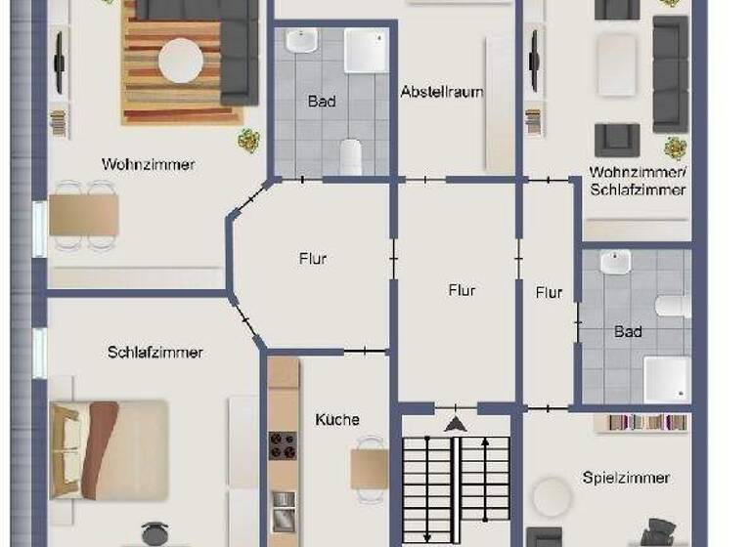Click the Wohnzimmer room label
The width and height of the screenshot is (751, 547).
click(x=148, y=164)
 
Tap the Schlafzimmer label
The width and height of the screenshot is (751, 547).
click(x=155, y=352)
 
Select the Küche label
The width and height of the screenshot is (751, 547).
click(x=337, y=419)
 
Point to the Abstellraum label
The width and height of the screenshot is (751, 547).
click(x=442, y=91)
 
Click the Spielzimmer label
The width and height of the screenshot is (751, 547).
click(x=626, y=478)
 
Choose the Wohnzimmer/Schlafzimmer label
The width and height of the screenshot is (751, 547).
click(x=638, y=180)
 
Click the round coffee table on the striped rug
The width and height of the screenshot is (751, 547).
click(x=182, y=60)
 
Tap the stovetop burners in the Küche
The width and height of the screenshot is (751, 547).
click(x=284, y=445)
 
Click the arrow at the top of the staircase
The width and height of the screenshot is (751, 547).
click(x=456, y=424)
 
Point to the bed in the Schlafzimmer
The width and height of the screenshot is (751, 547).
click(x=108, y=448)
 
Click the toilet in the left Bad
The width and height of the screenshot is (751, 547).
click(x=351, y=156)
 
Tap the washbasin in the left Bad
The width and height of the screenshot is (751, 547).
click(x=302, y=42)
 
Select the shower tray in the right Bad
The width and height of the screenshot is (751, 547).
click(x=667, y=378)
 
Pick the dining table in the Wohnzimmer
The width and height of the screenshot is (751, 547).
click(x=84, y=214)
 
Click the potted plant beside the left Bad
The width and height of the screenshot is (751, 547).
click(x=249, y=140)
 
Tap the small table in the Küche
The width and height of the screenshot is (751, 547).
click(x=369, y=468)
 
